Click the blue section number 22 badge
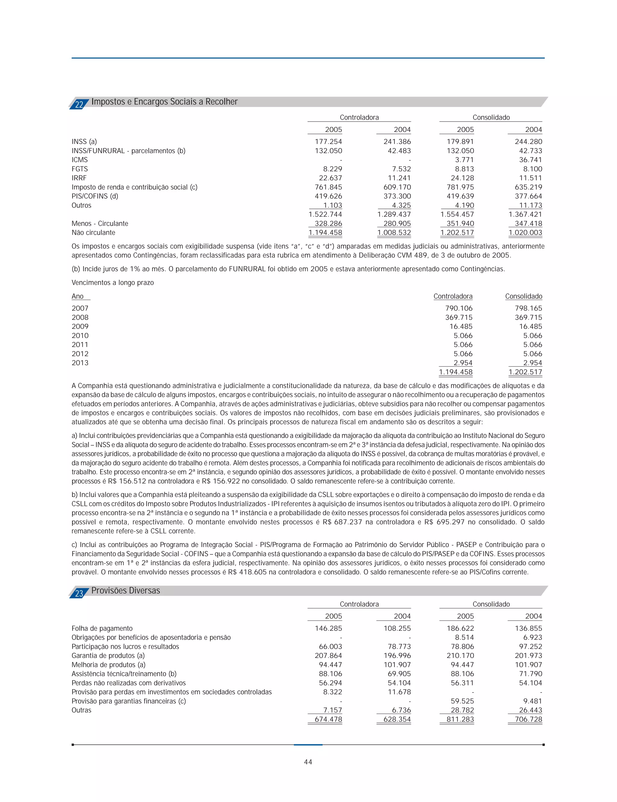(x=79, y=104)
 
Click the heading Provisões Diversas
(x=126, y=590)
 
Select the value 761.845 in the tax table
(x=328, y=187)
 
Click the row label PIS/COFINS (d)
(x=95, y=196)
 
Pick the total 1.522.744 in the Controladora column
(x=325, y=214)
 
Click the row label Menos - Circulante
(x=100, y=223)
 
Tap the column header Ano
(x=77, y=296)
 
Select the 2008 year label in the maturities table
(x=80, y=317)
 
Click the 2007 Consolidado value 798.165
(x=528, y=308)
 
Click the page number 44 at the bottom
(x=308, y=762)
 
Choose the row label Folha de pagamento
(x=102, y=628)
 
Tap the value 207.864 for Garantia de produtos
(x=328, y=656)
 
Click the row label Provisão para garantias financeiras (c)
(x=129, y=701)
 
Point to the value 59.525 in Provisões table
(x=462, y=701)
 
